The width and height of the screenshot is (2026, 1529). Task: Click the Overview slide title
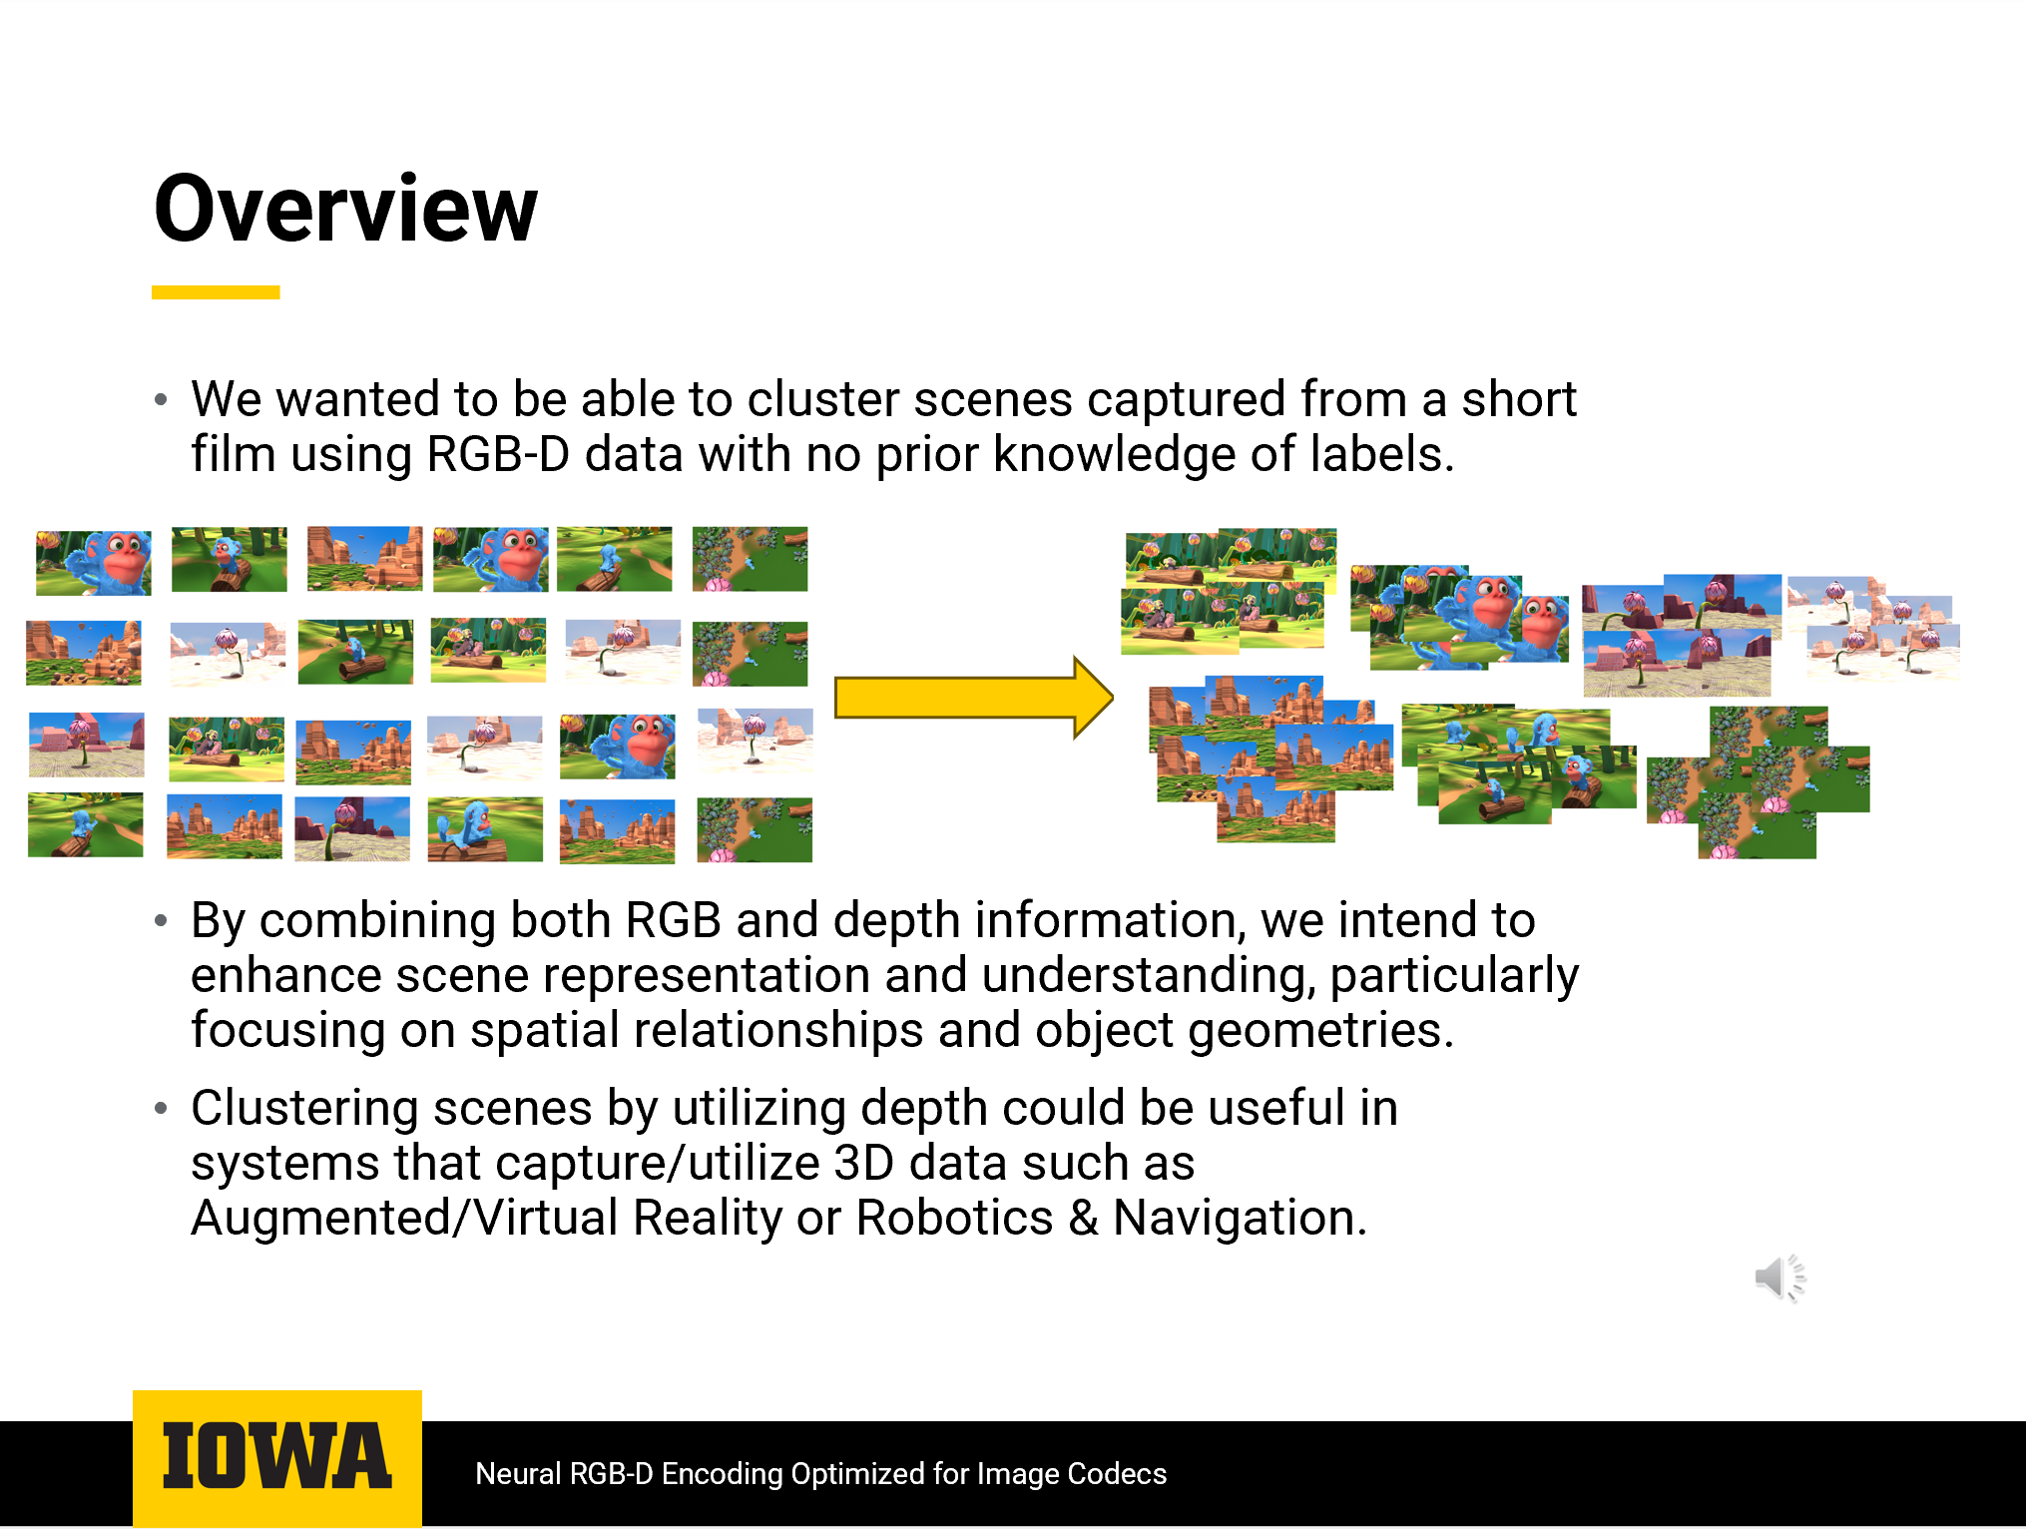pos(345,209)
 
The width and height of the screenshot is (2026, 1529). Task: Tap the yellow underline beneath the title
pos(216,292)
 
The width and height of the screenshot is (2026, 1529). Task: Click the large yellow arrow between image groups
pos(973,698)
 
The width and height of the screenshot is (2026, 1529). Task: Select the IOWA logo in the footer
pos(277,1457)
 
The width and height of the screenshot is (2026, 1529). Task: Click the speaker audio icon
pos(1780,1278)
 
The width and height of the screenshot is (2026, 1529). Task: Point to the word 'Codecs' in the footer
pos(1117,1474)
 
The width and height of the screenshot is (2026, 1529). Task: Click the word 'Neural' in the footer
pos(518,1474)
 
